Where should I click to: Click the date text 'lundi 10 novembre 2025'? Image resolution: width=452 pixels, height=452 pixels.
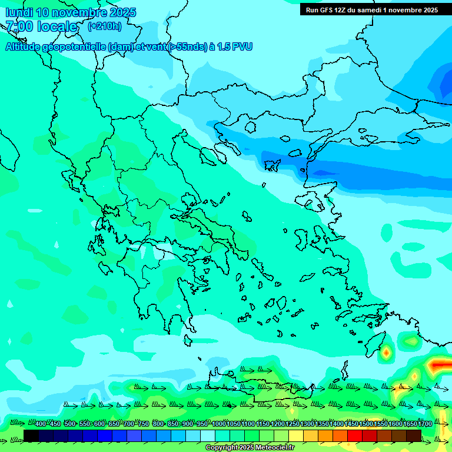pos(71,12)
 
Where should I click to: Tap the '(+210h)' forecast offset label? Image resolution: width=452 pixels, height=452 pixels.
pos(104,26)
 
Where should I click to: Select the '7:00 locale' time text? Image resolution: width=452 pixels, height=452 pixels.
pos(41,26)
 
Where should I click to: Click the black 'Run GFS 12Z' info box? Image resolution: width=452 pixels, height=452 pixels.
pos(371,10)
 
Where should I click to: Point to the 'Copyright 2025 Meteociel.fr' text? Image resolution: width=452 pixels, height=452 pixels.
pos(250,448)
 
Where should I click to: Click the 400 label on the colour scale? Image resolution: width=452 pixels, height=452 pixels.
pos(41,424)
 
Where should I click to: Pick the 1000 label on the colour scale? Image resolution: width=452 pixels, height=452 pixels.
pos(219,424)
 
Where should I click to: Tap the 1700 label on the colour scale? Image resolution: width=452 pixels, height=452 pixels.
pos(425,424)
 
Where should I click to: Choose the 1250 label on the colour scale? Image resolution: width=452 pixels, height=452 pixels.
pos(293,424)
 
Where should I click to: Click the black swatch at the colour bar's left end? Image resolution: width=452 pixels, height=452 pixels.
pos(31,436)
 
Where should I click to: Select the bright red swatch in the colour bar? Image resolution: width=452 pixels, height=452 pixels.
pos(355,436)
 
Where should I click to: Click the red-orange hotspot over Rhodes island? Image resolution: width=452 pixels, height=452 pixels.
pos(386,353)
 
